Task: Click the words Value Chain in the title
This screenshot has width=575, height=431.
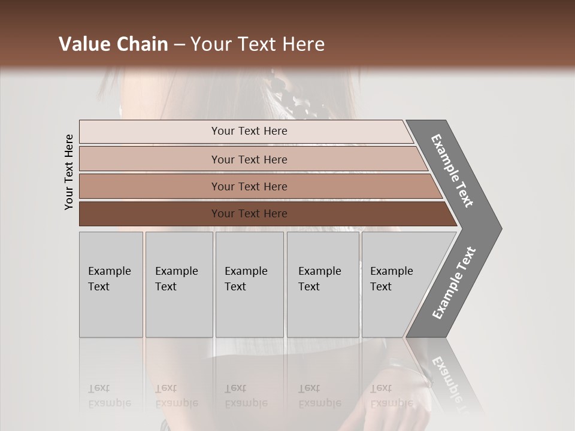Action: click(x=113, y=44)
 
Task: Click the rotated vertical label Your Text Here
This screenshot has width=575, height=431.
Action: click(x=69, y=172)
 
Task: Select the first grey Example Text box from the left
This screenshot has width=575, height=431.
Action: click(x=111, y=284)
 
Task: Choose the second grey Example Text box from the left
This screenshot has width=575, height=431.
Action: click(x=178, y=284)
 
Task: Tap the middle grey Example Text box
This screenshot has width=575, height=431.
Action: click(x=249, y=284)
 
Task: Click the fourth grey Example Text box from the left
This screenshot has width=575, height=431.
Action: click(x=323, y=284)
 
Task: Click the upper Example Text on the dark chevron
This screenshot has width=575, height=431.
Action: click(x=452, y=171)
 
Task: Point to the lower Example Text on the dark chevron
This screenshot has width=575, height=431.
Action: click(x=454, y=283)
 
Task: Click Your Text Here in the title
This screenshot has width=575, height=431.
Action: click(x=258, y=44)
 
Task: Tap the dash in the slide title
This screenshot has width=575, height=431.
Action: click(x=179, y=45)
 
